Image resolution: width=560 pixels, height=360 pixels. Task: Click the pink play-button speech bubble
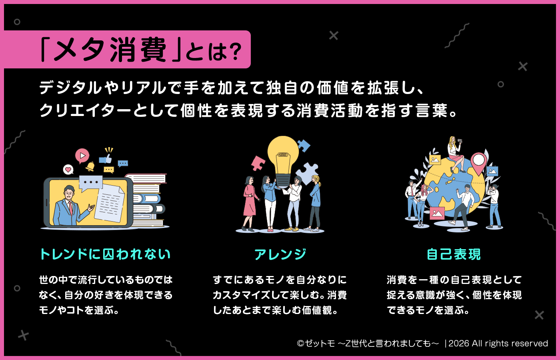82,155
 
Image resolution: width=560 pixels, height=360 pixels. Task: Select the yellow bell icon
90,166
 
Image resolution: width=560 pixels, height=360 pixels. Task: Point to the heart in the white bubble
68,170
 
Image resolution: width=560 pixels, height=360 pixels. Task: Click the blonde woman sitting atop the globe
455,152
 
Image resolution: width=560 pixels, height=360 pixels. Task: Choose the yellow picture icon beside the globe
434,160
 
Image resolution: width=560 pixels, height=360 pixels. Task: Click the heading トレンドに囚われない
105,254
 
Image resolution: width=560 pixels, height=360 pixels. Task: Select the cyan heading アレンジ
280,254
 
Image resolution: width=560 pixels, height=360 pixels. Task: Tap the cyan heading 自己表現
454,254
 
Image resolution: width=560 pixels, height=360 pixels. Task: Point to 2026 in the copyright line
458,344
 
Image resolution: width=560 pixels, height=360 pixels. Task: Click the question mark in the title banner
236,51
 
